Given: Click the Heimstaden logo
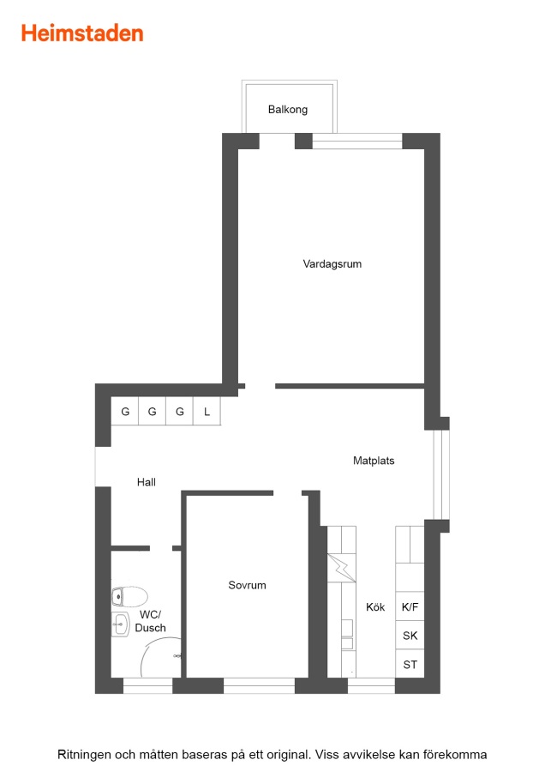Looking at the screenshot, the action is [82, 33].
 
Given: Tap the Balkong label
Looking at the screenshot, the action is [288, 109].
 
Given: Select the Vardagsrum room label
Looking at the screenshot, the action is [332, 264].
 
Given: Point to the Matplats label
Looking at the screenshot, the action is [374, 461].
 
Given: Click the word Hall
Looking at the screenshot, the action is [146, 482].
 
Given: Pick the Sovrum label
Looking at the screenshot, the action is [247, 585].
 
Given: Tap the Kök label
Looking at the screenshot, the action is [375, 607].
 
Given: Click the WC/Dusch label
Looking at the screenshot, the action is [151, 621].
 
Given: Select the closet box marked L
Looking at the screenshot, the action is [207, 411].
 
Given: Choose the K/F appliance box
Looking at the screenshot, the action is [410, 606].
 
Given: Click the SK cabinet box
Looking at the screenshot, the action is [410, 635].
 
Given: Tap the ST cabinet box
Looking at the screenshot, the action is [410, 664].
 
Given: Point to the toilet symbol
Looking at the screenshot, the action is [129, 597].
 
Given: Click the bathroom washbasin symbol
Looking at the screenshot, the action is [120, 624].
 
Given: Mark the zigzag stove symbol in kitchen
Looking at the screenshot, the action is [341, 568].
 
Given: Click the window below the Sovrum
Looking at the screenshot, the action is [260, 685].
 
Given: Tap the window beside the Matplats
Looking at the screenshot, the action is [441, 474].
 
